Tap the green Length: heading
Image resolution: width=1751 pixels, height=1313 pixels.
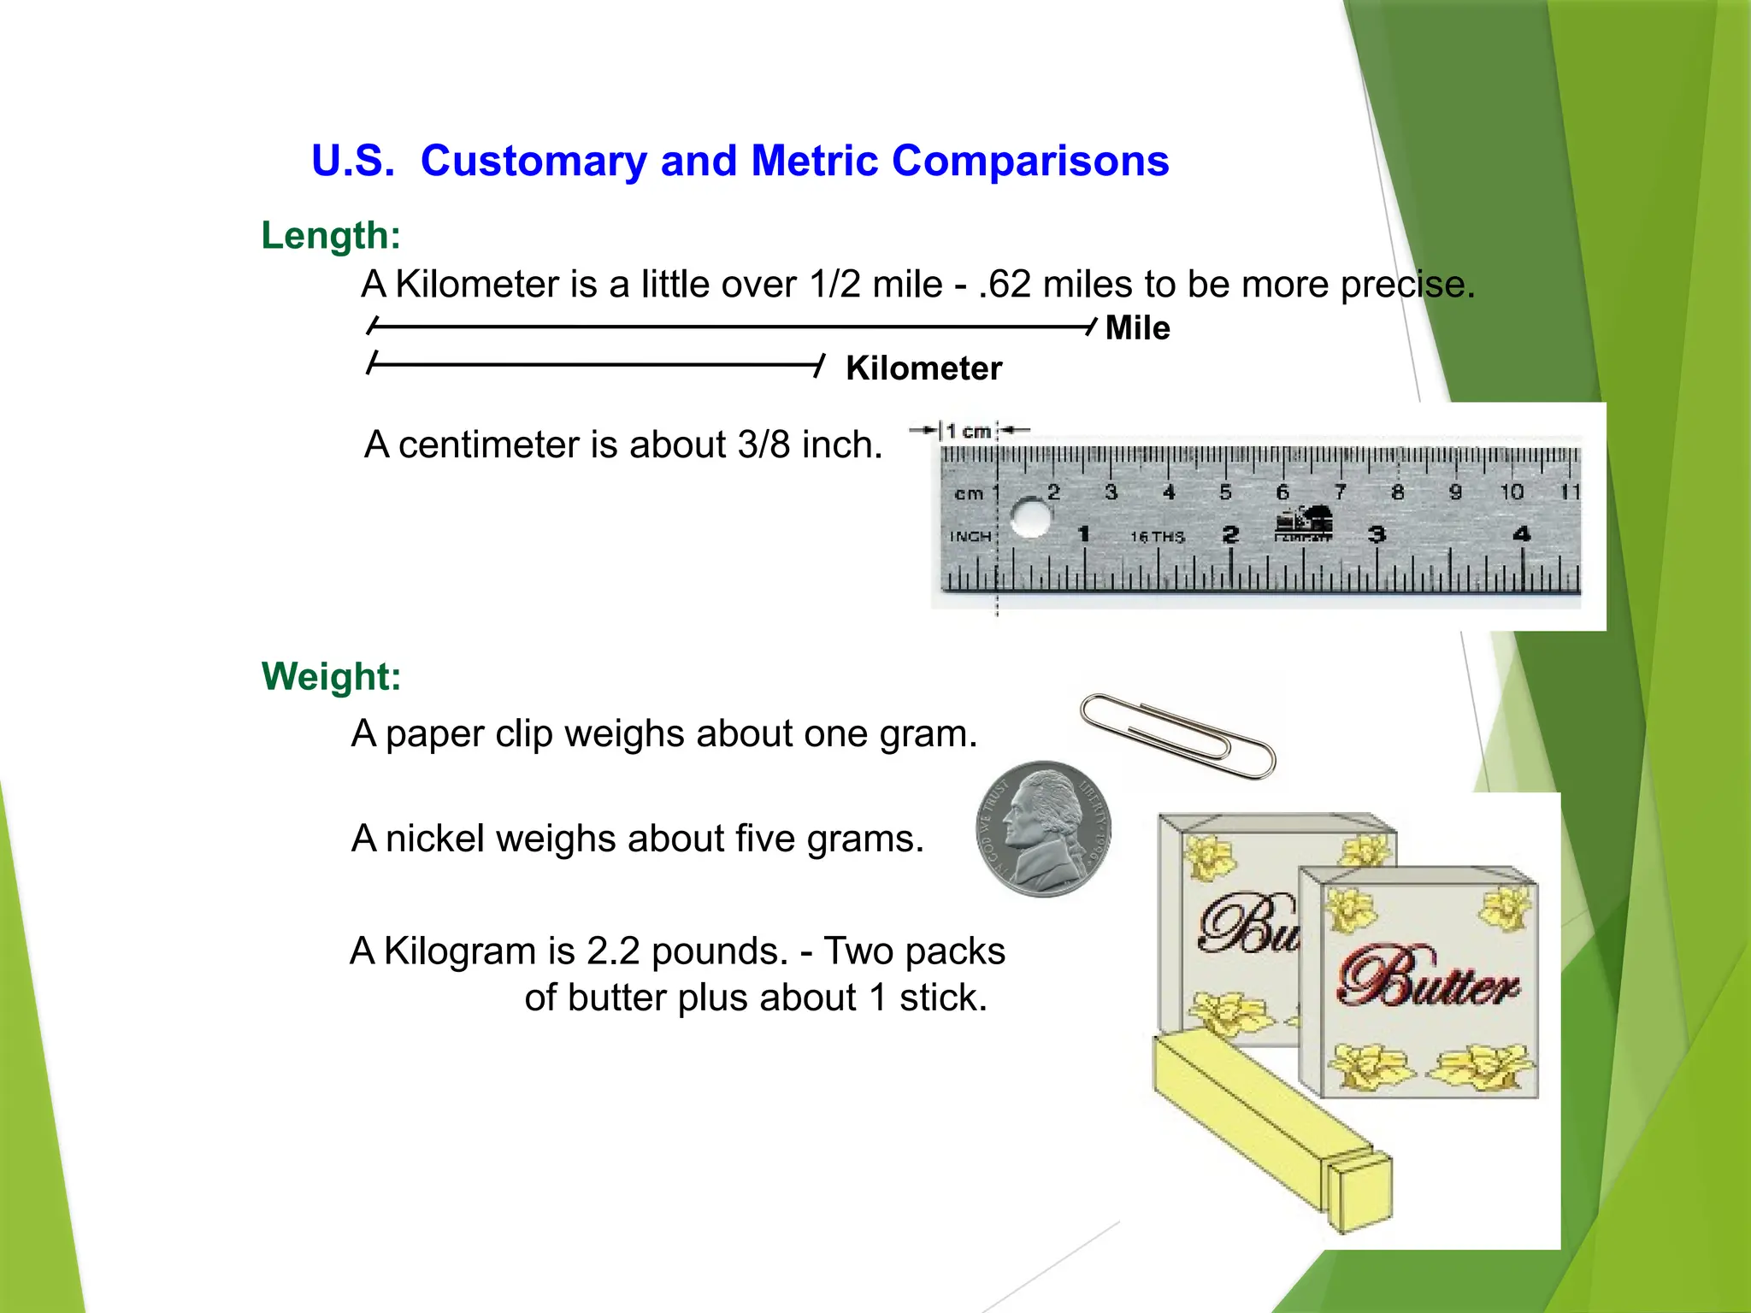pyautogui.click(x=331, y=235)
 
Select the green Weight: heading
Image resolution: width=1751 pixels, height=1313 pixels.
pyautogui.click(x=331, y=676)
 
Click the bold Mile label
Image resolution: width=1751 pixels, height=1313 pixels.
pyautogui.click(x=1137, y=328)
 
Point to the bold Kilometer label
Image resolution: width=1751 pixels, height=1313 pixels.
pyautogui.click(x=923, y=368)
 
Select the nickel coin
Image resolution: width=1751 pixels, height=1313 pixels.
pyautogui.click(x=1044, y=829)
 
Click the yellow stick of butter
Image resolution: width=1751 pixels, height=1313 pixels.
pyautogui.click(x=1265, y=1128)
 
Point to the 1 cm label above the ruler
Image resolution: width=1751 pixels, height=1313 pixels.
pyautogui.click(x=968, y=432)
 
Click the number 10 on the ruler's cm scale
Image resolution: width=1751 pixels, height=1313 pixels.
pyautogui.click(x=1512, y=492)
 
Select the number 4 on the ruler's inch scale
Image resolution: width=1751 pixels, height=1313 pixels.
pyautogui.click(x=1521, y=535)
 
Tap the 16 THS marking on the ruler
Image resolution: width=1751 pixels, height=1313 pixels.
pyautogui.click(x=1157, y=537)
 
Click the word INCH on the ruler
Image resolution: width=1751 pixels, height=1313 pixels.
pyautogui.click(x=970, y=537)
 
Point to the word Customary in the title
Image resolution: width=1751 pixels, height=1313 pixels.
pyautogui.click(x=534, y=161)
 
